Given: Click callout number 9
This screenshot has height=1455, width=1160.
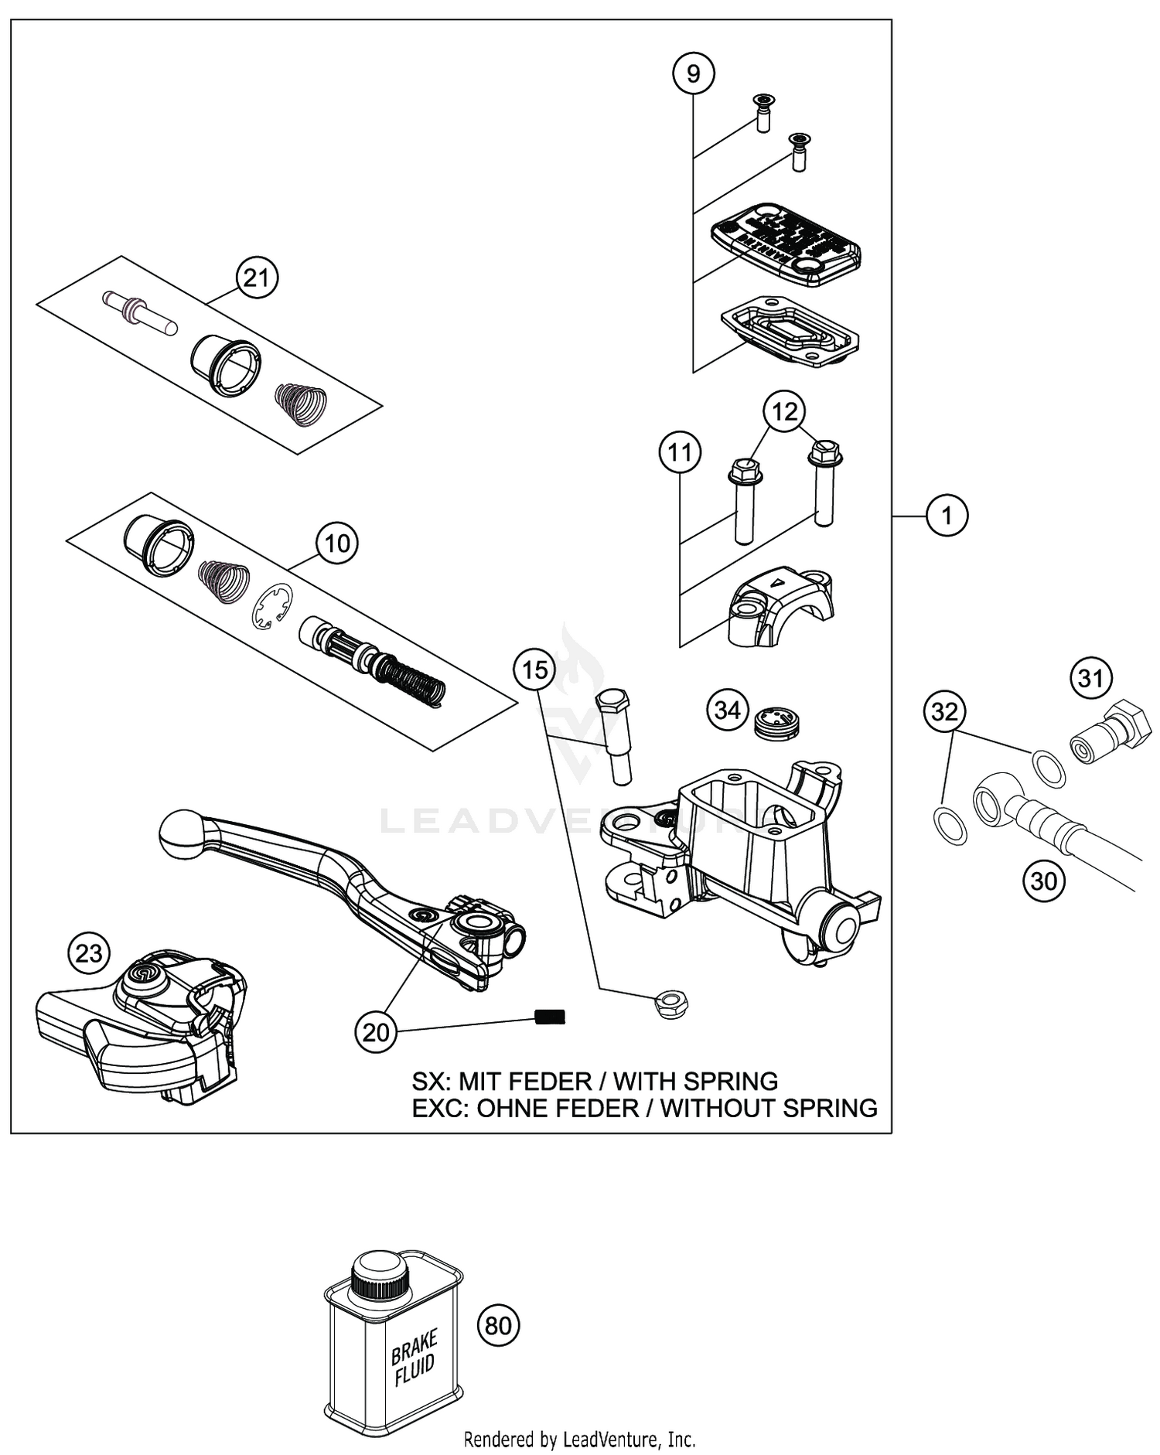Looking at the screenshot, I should pyautogui.click(x=693, y=73).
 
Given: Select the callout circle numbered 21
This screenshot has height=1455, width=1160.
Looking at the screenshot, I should pyautogui.click(x=256, y=278).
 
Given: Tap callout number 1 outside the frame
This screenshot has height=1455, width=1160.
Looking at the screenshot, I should pyautogui.click(x=947, y=514).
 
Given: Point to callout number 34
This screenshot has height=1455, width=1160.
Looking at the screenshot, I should pyautogui.click(x=728, y=710).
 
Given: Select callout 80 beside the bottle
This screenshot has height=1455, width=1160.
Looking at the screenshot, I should pyautogui.click(x=498, y=1326).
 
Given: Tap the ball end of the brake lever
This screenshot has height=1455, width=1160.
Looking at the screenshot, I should pyautogui.click(x=181, y=834).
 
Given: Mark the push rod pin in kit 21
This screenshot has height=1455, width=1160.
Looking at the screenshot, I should pyautogui.click(x=140, y=312).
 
